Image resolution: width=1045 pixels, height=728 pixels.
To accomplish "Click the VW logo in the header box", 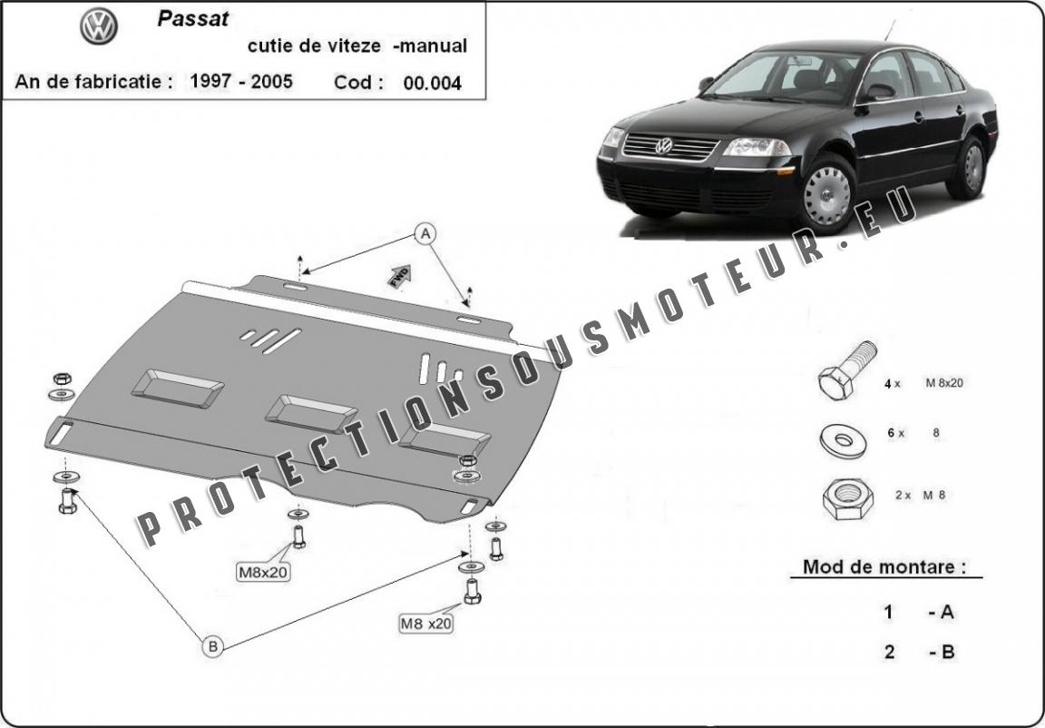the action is click(x=99, y=26).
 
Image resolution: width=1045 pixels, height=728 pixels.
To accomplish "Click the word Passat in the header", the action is click(x=193, y=19).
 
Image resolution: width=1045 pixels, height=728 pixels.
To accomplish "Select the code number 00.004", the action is click(x=432, y=83).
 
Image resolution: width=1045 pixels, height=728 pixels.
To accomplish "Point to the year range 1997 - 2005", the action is click(x=241, y=82).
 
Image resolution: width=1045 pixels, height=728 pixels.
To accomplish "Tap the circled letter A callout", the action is click(x=425, y=233).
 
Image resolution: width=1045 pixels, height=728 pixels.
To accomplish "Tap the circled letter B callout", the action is click(x=212, y=646).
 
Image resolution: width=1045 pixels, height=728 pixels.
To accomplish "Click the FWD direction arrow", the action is click(x=399, y=276).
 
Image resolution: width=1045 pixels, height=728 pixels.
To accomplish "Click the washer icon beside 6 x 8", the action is click(x=843, y=440).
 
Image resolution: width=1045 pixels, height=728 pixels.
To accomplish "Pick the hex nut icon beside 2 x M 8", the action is click(x=848, y=498).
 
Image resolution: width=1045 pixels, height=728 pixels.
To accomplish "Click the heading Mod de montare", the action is click(x=884, y=567).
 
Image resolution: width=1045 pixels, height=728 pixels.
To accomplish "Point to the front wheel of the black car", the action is click(x=827, y=195).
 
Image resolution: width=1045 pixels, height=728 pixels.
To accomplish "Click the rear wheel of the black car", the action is click(x=971, y=167).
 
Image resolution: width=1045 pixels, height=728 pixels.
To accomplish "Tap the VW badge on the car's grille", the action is click(x=663, y=145).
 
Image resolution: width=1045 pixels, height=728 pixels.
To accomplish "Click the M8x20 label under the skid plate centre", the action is click(x=264, y=572).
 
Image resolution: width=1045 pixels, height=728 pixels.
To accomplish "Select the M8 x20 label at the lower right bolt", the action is click(x=425, y=624).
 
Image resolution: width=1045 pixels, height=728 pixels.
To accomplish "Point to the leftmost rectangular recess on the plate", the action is click(x=177, y=388).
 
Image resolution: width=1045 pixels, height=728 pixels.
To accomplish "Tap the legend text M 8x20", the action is click(x=943, y=383).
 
